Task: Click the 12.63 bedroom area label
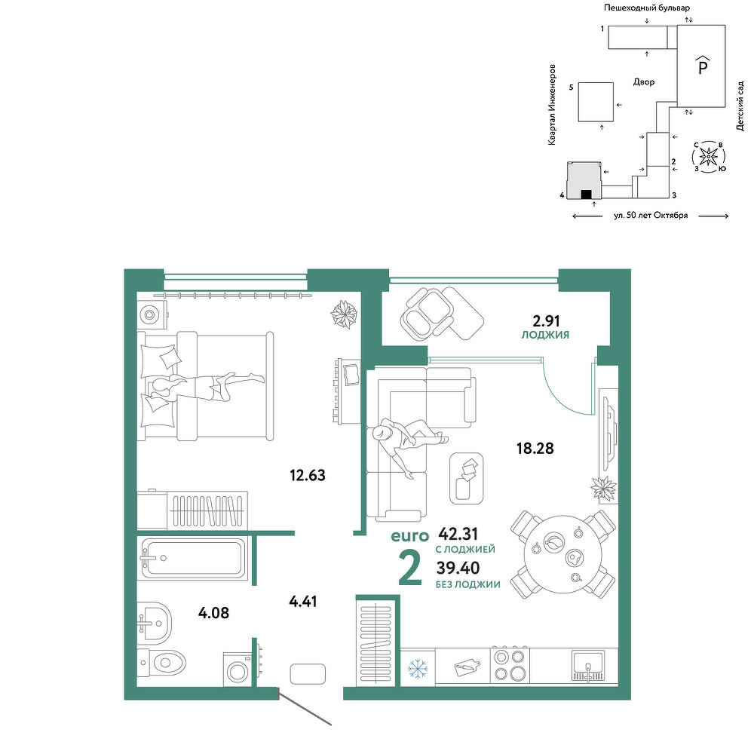(308, 475)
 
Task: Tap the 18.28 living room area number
(535, 448)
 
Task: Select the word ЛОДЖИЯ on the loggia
(545, 335)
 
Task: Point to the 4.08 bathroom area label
(213, 612)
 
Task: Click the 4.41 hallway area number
(303, 601)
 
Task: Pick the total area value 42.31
(458, 533)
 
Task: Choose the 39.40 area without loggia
(458, 568)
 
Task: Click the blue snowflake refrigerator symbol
(418, 668)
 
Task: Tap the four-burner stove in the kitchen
(510, 664)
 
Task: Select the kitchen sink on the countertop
(588, 666)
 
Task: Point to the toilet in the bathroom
(161, 663)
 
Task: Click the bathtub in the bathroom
(192, 558)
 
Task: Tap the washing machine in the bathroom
(238, 670)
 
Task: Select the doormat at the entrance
(308, 673)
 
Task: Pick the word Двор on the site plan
(644, 82)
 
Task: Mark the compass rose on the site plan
(708, 156)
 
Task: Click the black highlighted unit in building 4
(586, 195)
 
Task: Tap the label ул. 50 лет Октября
(651, 216)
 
